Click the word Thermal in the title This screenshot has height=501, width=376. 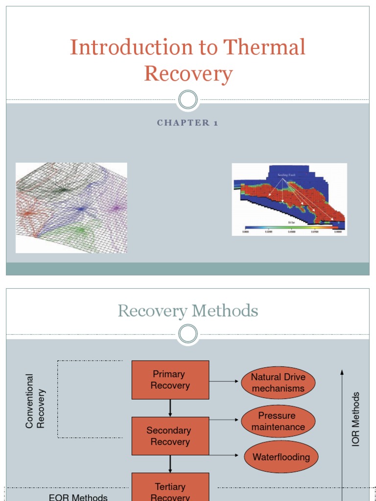(264, 47)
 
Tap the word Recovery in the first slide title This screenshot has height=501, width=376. (188, 74)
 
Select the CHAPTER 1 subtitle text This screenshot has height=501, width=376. (188, 123)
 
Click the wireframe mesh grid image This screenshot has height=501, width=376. (71, 208)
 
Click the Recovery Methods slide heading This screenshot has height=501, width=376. (188, 311)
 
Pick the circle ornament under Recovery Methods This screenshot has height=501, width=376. (188, 334)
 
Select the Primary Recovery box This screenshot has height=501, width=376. (170, 380)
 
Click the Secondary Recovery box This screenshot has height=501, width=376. (170, 436)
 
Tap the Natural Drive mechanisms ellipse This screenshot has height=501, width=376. (278, 383)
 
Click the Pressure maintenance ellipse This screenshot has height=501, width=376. (278, 421)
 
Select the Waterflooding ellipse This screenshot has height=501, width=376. (281, 457)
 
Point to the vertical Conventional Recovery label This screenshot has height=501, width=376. (35, 401)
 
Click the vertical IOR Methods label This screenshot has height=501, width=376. (356, 419)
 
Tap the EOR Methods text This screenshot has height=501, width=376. (78, 497)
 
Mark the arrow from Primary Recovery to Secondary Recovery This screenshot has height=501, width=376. (170, 408)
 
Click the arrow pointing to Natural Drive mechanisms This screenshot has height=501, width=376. (225, 382)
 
